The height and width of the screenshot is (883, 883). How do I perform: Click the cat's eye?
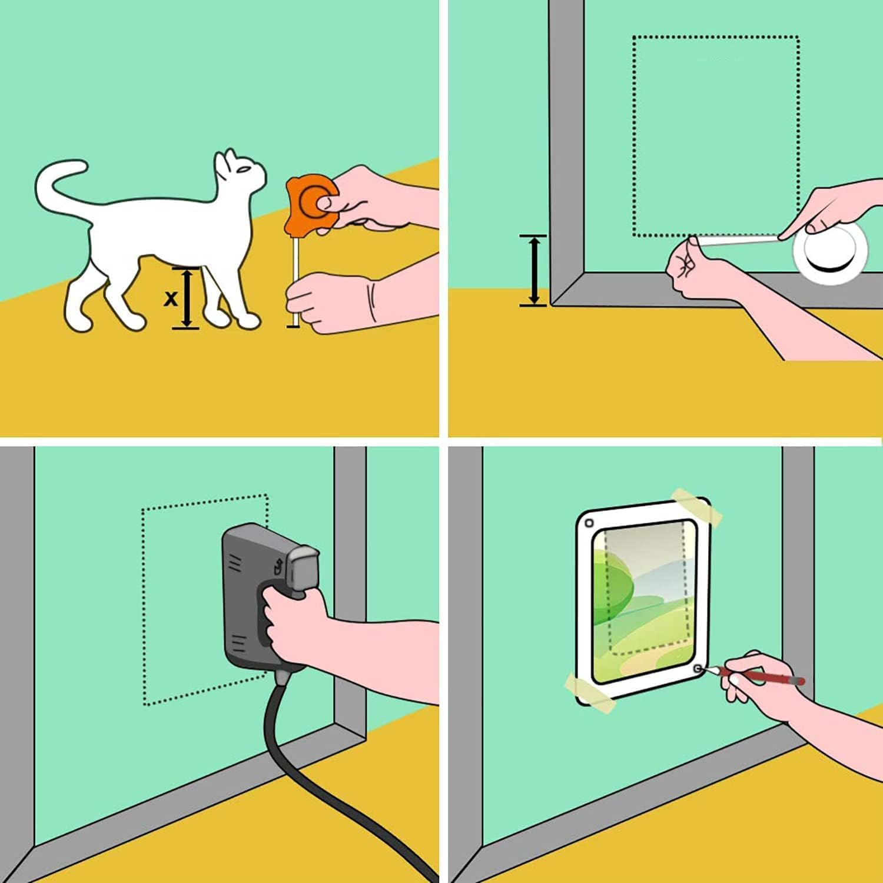(x=244, y=170)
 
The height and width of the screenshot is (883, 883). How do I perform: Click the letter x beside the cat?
(x=170, y=298)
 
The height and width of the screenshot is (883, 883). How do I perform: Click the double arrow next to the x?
(x=187, y=298)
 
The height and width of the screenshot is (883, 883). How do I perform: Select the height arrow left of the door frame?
(x=534, y=270)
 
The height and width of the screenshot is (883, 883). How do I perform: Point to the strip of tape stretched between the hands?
(x=736, y=240)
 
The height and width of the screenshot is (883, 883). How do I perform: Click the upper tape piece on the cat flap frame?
(x=697, y=506)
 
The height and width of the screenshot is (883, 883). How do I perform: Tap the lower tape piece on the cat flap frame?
(x=589, y=691)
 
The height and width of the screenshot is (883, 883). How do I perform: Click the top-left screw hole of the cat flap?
(x=589, y=523)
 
